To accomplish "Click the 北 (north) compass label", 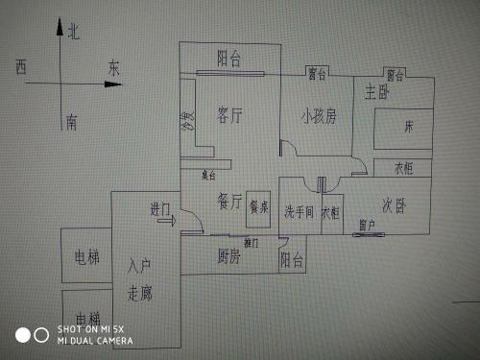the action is (x=74, y=33).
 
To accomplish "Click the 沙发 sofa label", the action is (x=188, y=122).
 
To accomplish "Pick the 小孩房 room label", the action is (x=318, y=117).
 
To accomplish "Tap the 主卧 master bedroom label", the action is (x=377, y=93).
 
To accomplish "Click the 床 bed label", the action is (x=408, y=126).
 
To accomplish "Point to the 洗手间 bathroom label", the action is (x=299, y=212).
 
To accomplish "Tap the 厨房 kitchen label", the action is (x=228, y=255).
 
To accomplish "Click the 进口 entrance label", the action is (x=159, y=208).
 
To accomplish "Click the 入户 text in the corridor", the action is (x=140, y=265).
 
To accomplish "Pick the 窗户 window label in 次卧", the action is (x=366, y=225).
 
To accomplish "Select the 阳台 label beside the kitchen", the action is (x=292, y=259).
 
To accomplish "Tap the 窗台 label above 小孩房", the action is (x=317, y=73).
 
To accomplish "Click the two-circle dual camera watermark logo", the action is (x=31, y=334).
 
